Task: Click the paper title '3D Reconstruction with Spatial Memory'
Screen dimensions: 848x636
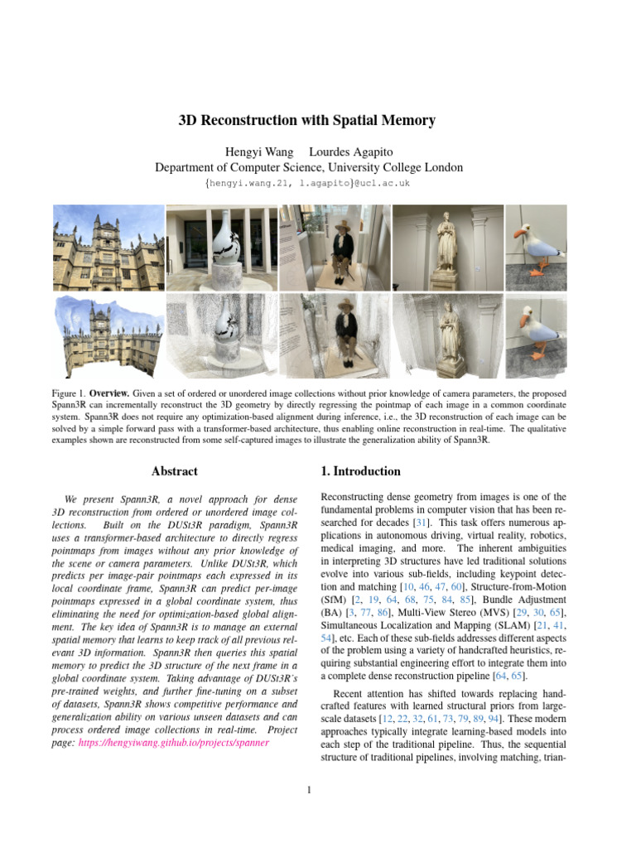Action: pos(307,121)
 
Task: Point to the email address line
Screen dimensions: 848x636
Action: pos(307,182)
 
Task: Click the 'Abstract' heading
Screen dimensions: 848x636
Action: pos(175,471)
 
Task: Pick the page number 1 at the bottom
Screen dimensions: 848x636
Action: pos(308,789)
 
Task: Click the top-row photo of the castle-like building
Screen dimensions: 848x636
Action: pos(108,246)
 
